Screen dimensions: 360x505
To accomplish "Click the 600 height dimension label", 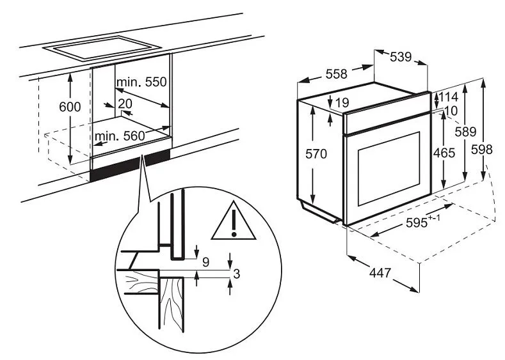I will coord(70,107).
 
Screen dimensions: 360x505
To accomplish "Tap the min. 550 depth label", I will coord(141,82).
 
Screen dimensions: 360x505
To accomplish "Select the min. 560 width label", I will coord(120,136).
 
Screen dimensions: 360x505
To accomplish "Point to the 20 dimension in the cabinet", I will coord(125,104).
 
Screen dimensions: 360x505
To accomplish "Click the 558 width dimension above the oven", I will coord(336,74).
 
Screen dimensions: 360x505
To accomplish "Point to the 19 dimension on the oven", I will coord(342,102).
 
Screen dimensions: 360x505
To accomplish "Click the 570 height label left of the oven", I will coord(316,153).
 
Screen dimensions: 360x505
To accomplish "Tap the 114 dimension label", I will coord(450,98).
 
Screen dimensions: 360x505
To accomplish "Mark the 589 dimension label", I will coord(465,132).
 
